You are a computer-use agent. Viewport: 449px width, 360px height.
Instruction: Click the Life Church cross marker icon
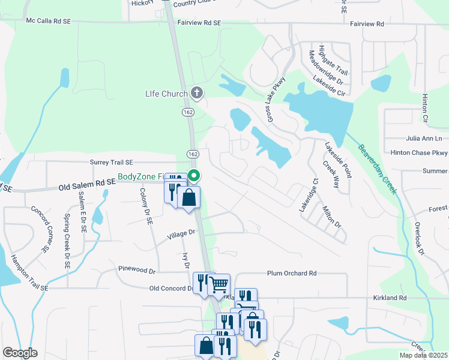[197, 93]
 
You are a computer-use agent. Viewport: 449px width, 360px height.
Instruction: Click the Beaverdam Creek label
[378, 169]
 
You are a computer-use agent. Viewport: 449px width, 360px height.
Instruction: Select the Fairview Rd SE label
[201, 23]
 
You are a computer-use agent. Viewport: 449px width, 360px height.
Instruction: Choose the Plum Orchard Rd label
[292, 273]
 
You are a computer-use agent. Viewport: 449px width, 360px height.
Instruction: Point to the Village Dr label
[181, 233]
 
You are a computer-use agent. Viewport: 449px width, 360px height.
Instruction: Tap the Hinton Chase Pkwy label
[419, 153]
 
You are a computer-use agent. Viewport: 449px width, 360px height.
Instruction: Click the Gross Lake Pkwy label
[272, 100]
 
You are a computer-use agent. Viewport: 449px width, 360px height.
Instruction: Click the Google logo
[20, 353]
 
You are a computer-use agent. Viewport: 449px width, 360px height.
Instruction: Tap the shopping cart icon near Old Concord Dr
[219, 284]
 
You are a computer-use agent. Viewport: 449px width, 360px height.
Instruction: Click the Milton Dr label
[331, 217]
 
